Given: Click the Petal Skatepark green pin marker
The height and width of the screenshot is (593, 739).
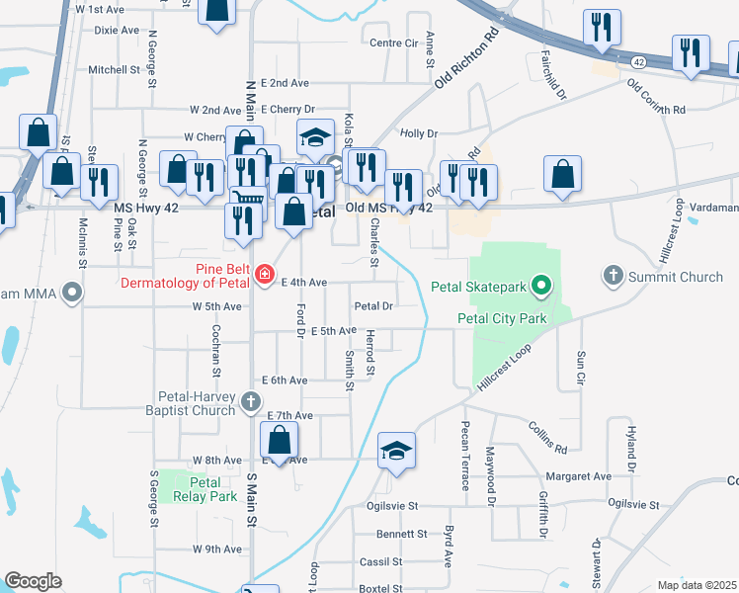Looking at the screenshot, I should click(539, 289).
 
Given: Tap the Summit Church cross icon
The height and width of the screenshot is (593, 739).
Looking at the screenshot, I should click(614, 276).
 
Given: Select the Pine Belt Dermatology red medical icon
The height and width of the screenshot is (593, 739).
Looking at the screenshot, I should click(264, 274).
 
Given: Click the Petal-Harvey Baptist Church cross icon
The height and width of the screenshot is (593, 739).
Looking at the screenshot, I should click(251, 401).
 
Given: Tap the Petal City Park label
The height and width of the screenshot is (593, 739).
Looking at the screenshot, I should click(502, 318).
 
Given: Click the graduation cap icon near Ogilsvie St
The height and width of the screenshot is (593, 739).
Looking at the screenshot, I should click(396, 452).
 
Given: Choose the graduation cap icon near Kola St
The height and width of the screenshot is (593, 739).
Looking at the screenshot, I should click(315, 137).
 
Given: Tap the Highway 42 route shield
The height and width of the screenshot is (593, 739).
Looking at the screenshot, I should click(639, 62).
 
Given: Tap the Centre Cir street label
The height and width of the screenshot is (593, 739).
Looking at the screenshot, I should click(393, 43).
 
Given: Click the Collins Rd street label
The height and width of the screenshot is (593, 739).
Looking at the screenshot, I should click(546, 435).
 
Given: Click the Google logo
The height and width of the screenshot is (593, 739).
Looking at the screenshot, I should click(33, 580).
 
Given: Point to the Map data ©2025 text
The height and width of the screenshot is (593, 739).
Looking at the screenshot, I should click(697, 585).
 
